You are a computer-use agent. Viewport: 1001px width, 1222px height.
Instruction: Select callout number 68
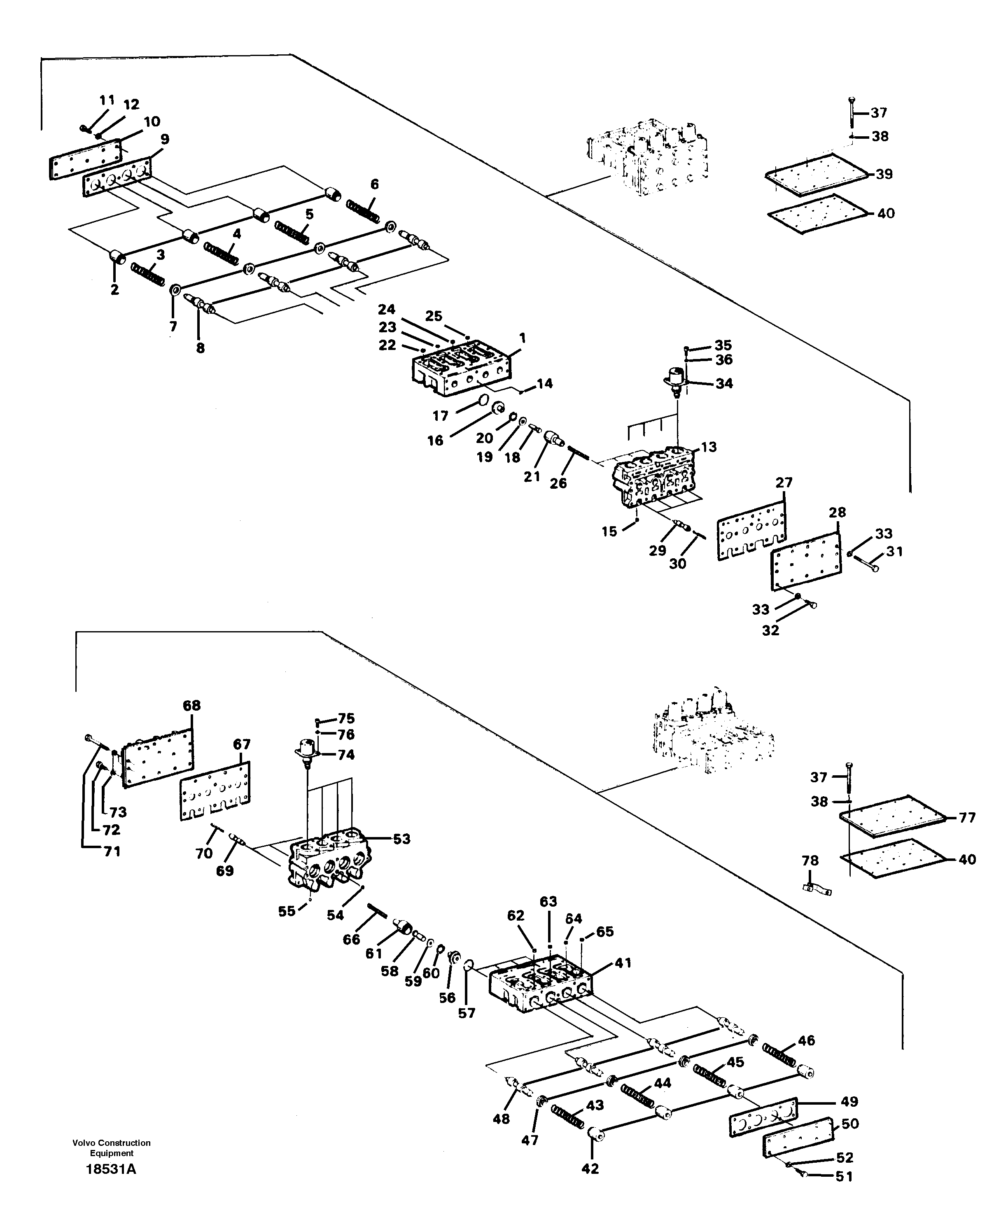pyautogui.click(x=191, y=706)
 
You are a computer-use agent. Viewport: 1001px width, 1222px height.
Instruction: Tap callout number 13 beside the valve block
pyautogui.click(x=709, y=447)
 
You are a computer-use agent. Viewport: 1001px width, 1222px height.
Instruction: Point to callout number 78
pyautogui.click(x=810, y=861)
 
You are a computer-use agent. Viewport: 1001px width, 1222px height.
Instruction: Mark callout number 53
pyautogui.click(x=401, y=839)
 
